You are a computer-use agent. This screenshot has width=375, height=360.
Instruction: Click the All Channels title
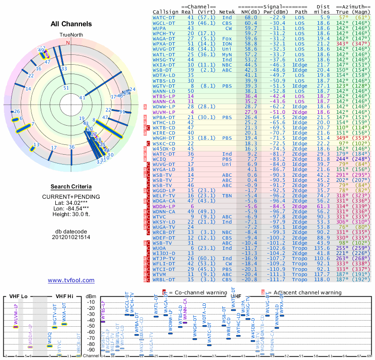click(x=71, y=24)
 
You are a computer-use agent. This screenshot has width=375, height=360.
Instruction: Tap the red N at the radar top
click(x=68, y=43)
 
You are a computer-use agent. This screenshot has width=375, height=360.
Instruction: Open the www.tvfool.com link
click(x=71, y=280)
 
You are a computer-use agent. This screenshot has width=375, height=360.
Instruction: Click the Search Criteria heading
click(x=71, y=186)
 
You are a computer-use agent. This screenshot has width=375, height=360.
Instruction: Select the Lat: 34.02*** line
click(x=71, y=202)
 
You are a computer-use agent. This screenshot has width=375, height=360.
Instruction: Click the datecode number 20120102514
click(x=71, y=237)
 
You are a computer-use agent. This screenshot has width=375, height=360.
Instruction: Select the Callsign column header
click(x=166, y=11)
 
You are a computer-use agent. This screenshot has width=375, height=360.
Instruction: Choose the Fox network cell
click(x=227, y=38)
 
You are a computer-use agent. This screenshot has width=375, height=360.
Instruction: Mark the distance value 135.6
click(x=322, y=247)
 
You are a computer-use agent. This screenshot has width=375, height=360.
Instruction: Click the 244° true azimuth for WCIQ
click(x=342, y=159)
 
